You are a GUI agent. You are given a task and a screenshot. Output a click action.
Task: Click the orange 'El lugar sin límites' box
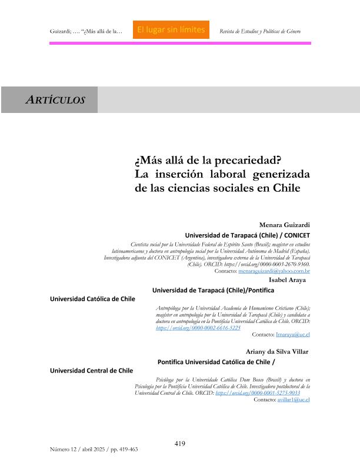pyautogui.click(x=171, y=29)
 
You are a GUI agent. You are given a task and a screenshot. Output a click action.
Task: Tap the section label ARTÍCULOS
pyautogui.click(x=56, y=100)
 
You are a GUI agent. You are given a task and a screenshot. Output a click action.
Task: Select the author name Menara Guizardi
pyautogui.click(x=285, y=225)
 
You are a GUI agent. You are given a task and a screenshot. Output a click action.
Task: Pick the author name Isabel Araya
pyautogui.click(x=287, y=280)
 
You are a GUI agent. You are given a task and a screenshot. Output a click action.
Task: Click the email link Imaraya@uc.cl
pyautogui.click(x=293, y=334)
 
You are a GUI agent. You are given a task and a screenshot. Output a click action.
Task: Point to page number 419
pyautogui.click(x=180, y=443)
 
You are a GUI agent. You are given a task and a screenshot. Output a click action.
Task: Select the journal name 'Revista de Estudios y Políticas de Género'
pyautogui.click(x=259, y=31)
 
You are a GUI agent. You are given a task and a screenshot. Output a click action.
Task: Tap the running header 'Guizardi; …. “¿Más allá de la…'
pyautogui.click(x=86, y=31)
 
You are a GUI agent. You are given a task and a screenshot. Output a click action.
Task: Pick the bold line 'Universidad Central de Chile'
pyautogui.click(x=91, y=371)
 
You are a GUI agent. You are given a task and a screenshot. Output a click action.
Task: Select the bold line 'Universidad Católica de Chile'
pyautogui.click(x=92, y=299)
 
